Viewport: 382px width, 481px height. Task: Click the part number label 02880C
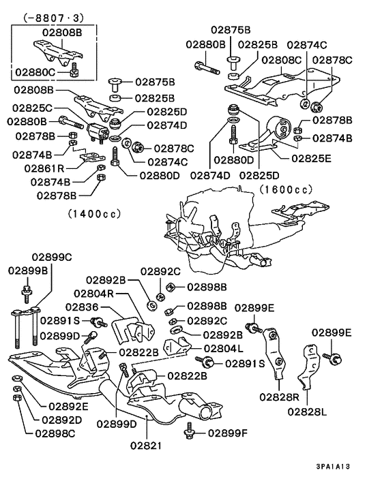pyautogui.click(x=35, y=72)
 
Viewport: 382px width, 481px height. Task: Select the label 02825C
pyautogui.click(x=33, y=108)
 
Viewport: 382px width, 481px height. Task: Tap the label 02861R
pyautogui.click(x=44, y=168)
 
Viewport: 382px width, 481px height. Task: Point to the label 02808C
pyautogui.click(x=281, y=60)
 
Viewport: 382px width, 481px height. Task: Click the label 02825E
pyautogui.click(x=311, y=159)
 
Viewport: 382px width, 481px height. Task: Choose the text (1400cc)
pyautogui.click(x=95, y=213)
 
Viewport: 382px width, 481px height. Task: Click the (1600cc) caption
pyautogui.click(x=286, y=189)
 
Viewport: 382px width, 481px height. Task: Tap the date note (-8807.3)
pyautogui.click(x=53, y=18)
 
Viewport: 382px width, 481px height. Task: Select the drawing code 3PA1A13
pyautogui.click(x=333, y=467)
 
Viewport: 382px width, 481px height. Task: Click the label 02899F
pyautogui.click(x=228, y=433)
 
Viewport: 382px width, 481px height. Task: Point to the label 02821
pyautogui.click(x=145, y=446)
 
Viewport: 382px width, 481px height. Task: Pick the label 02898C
pyautogui.click(x=55, y=433)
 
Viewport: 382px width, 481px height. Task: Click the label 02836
pyautogui.click(x=82, y=307)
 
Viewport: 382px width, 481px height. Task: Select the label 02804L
pyautogui.click(x=224, y=349)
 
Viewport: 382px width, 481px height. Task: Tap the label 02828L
pyautogui.click(x=307, y=412)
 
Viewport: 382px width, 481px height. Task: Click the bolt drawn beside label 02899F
pyautogui.click(x=189, y=431)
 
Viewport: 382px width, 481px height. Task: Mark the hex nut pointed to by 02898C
pyautogui.click(x=17, y=398)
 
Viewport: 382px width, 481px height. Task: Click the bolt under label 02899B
pyautogui.click(x=27, y=294)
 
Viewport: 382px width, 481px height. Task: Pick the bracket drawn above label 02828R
pyautogui.click(x=274, y=354)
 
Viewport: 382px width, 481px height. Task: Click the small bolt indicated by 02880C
pyautogui.click(x=74, y=70)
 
